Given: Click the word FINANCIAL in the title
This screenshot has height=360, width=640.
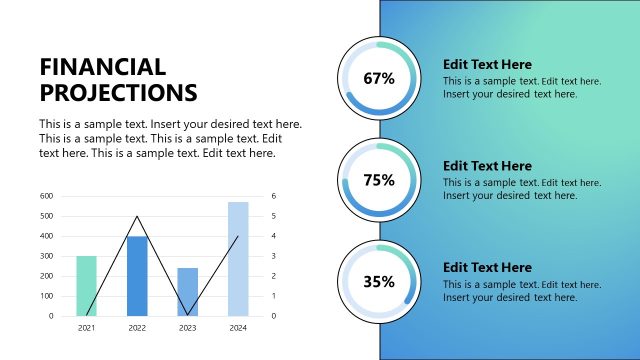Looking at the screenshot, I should point(102,67).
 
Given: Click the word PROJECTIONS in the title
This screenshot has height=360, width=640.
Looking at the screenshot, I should point(118,93).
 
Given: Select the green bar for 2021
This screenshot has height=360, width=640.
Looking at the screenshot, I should point(87,286).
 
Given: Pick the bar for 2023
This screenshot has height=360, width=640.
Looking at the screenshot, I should point(187,292).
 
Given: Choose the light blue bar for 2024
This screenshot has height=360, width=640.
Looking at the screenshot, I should point(238,259).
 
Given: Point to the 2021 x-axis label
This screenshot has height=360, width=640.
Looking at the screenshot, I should point(87,327).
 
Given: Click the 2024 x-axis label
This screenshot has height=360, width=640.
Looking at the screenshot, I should point(238,327).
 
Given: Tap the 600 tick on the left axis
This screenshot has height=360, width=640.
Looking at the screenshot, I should point(46,196).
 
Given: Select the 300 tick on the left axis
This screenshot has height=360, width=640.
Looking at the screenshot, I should point(46,256).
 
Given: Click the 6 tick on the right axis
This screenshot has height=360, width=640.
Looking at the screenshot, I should point(272,196).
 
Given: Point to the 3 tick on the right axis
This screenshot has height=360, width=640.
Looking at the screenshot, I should point(272,256).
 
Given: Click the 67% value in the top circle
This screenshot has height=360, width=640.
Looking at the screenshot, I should point(379,78).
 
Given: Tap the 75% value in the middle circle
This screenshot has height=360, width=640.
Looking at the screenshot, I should point(379,180).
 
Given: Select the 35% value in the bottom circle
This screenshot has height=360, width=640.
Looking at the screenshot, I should point(379,282).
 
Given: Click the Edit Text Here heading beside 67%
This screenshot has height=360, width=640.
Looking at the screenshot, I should point(487,64).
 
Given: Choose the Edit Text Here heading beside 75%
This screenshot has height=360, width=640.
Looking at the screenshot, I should point(487,166).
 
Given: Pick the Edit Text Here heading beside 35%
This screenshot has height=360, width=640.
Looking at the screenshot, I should point(487,267).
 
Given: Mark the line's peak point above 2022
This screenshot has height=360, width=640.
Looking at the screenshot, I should point(137,217).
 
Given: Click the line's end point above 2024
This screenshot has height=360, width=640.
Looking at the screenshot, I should point(238,237).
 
